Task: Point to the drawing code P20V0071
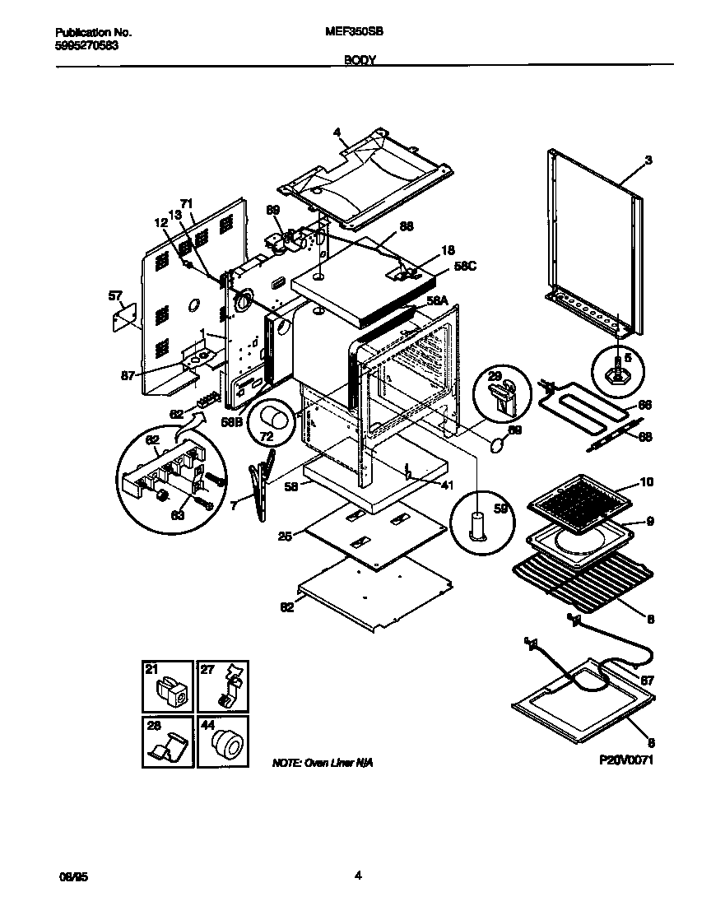pyautogui.click(x=626, y=762)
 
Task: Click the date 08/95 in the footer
pyautogui.click(x=72, y=877)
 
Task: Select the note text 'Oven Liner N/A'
pyautogui.click(x=323, y=764)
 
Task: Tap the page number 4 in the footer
pyautogui.click(x=358, y=876)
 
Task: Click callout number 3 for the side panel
pyautogui.click(x=648, y=160)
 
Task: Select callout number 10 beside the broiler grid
pyautogui.click(x=646, y=481)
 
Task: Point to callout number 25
pyautogui.click(x=284, y=537)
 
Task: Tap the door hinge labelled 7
pyautogui.click(x=263, y=485)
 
